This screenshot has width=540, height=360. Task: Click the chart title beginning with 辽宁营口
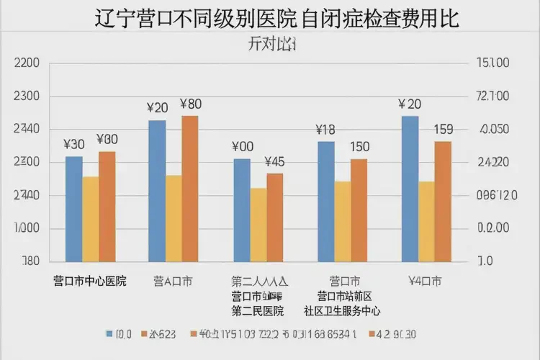point(276,17)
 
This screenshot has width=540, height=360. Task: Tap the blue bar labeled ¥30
point(73,209)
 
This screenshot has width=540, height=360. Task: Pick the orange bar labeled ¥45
point(275,217)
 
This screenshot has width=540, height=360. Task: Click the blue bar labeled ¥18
point(326,202)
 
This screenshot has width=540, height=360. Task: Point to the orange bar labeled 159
point(443,202)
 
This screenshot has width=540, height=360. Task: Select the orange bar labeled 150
point(359,210)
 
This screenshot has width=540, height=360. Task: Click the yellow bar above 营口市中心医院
point(91,219)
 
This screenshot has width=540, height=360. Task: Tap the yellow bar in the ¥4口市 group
point(426,221)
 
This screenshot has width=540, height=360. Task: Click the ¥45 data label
point(274,161)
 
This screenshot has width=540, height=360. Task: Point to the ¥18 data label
point(325,130)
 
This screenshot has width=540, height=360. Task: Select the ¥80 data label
point(191,104)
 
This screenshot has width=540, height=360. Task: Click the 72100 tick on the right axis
point(493,96)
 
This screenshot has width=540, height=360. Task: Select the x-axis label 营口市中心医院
point(90,281)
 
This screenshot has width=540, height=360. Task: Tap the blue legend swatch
point(109,334)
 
